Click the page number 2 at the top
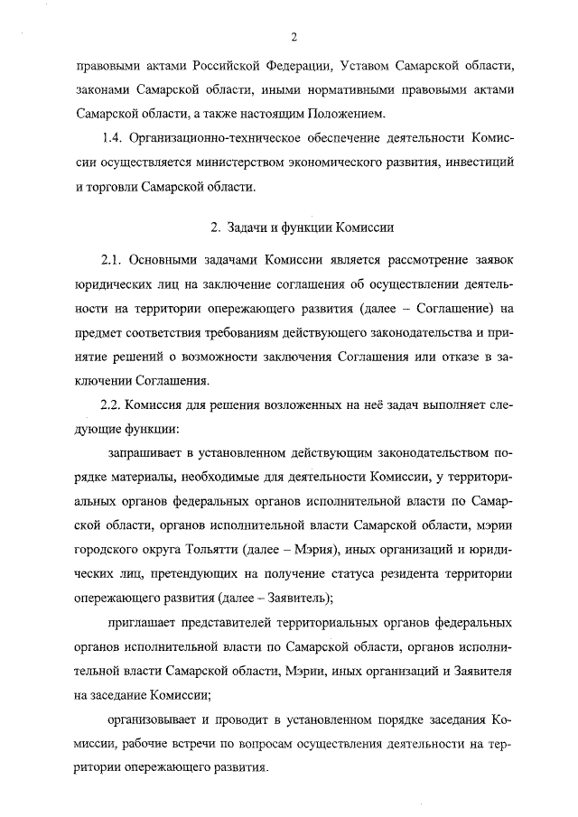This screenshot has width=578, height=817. [x=294, y=36]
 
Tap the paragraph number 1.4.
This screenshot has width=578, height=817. [x=112, y=139]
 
